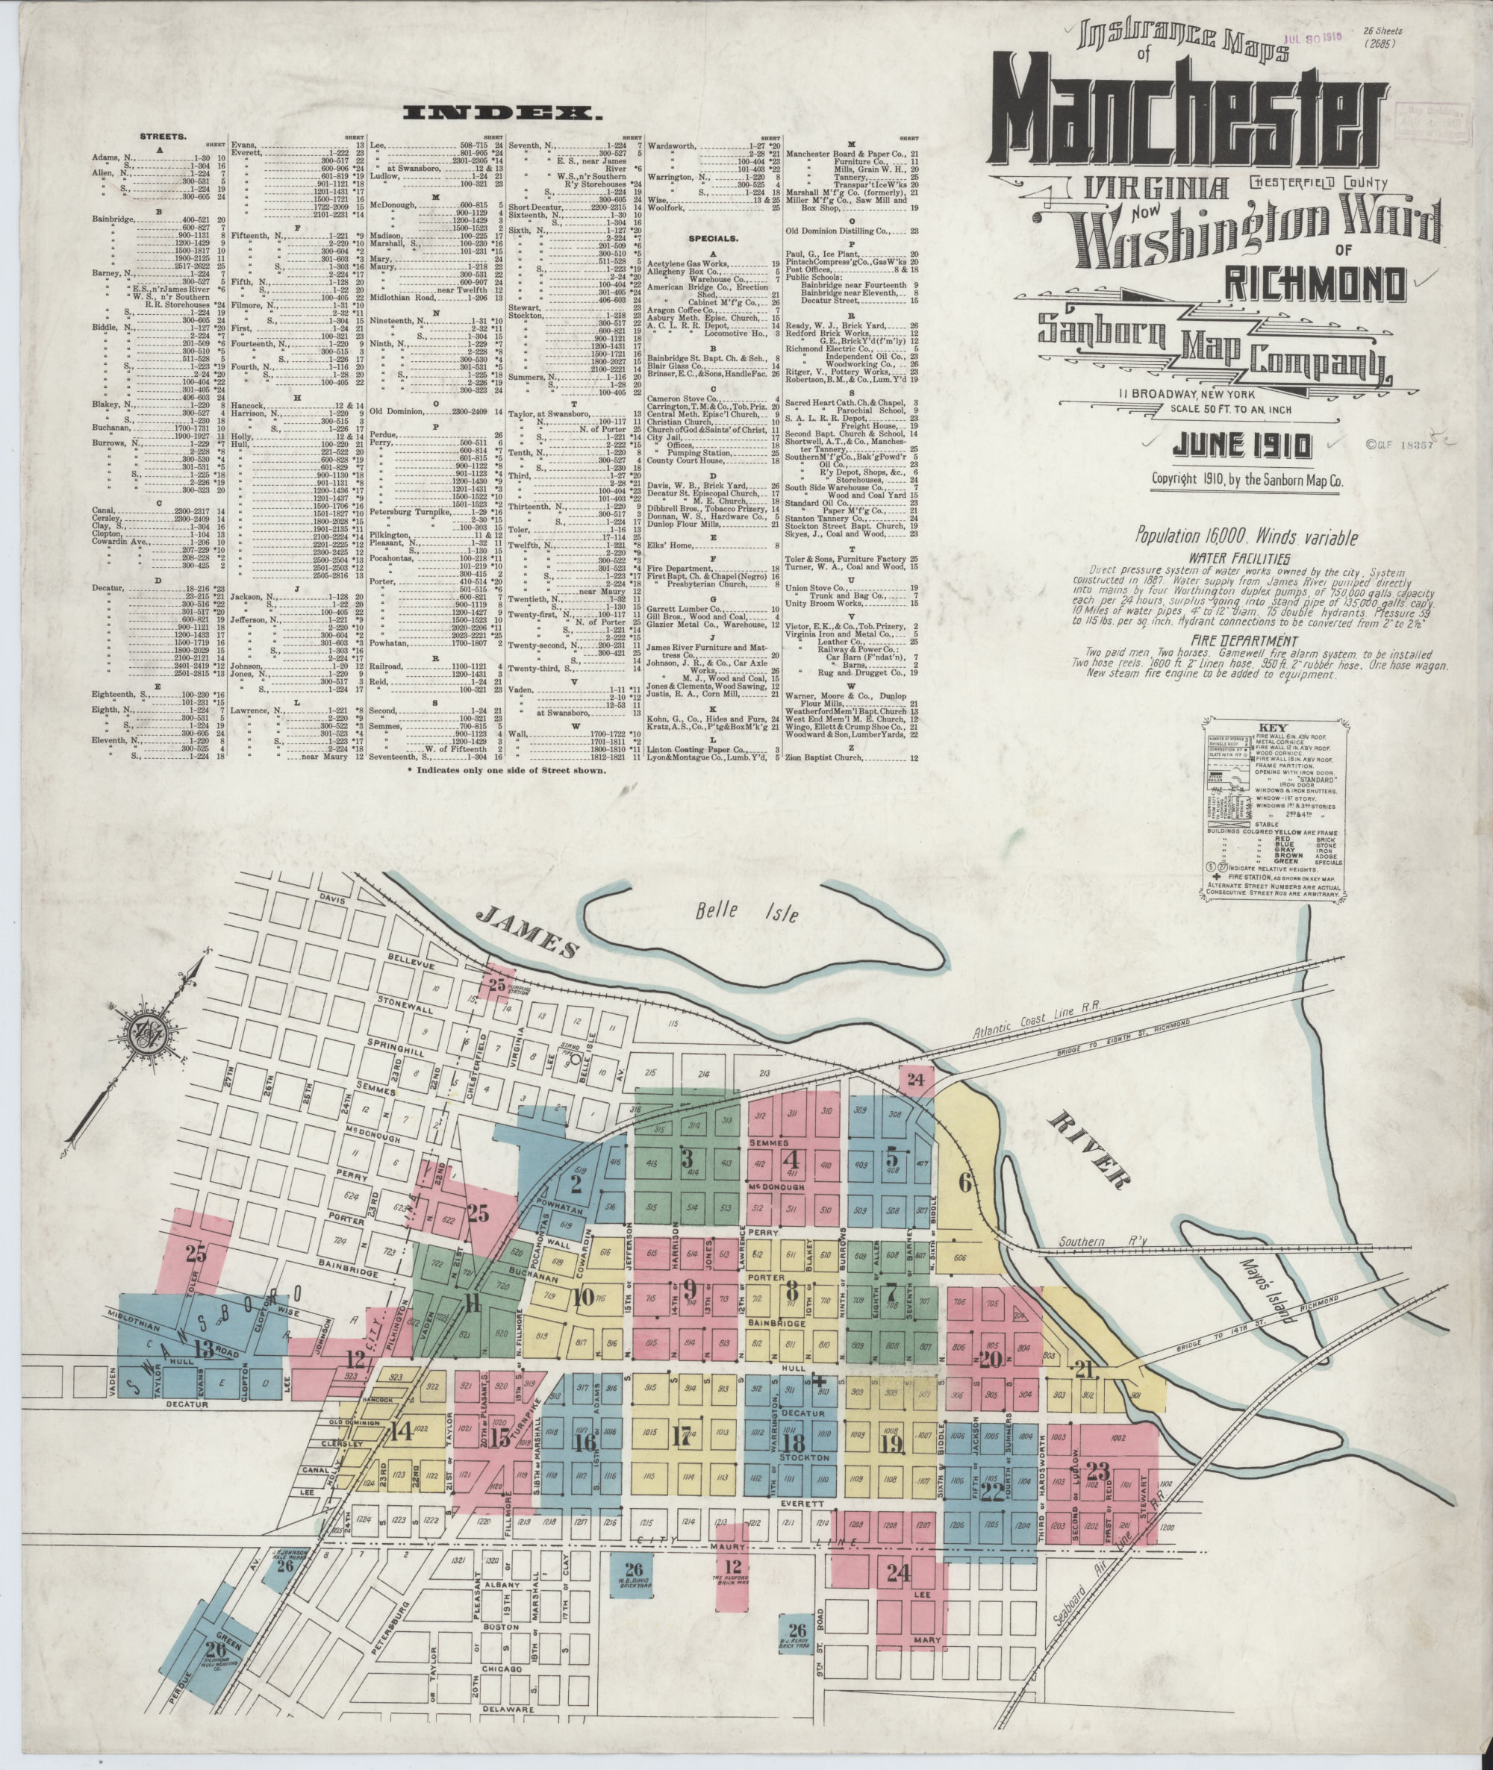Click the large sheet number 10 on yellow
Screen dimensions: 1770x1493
(582, 1297)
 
